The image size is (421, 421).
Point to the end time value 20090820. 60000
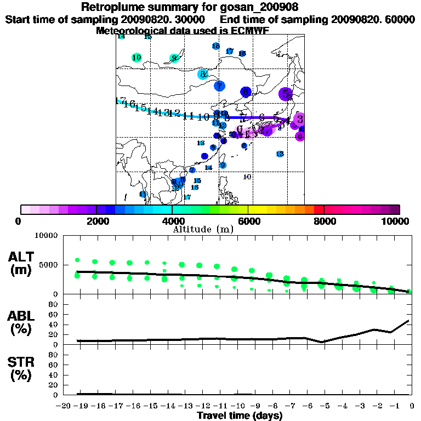pos(371,19)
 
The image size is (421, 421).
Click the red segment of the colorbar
pos(318,209)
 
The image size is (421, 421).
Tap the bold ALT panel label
pos(22,257)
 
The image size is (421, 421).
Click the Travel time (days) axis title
pos(239,416)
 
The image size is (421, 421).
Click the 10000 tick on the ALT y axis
pos(47,236)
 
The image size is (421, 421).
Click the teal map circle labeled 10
pos(137,58)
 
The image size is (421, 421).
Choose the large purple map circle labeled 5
pos(285,94)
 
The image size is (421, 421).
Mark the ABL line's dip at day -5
pos(322,342)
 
